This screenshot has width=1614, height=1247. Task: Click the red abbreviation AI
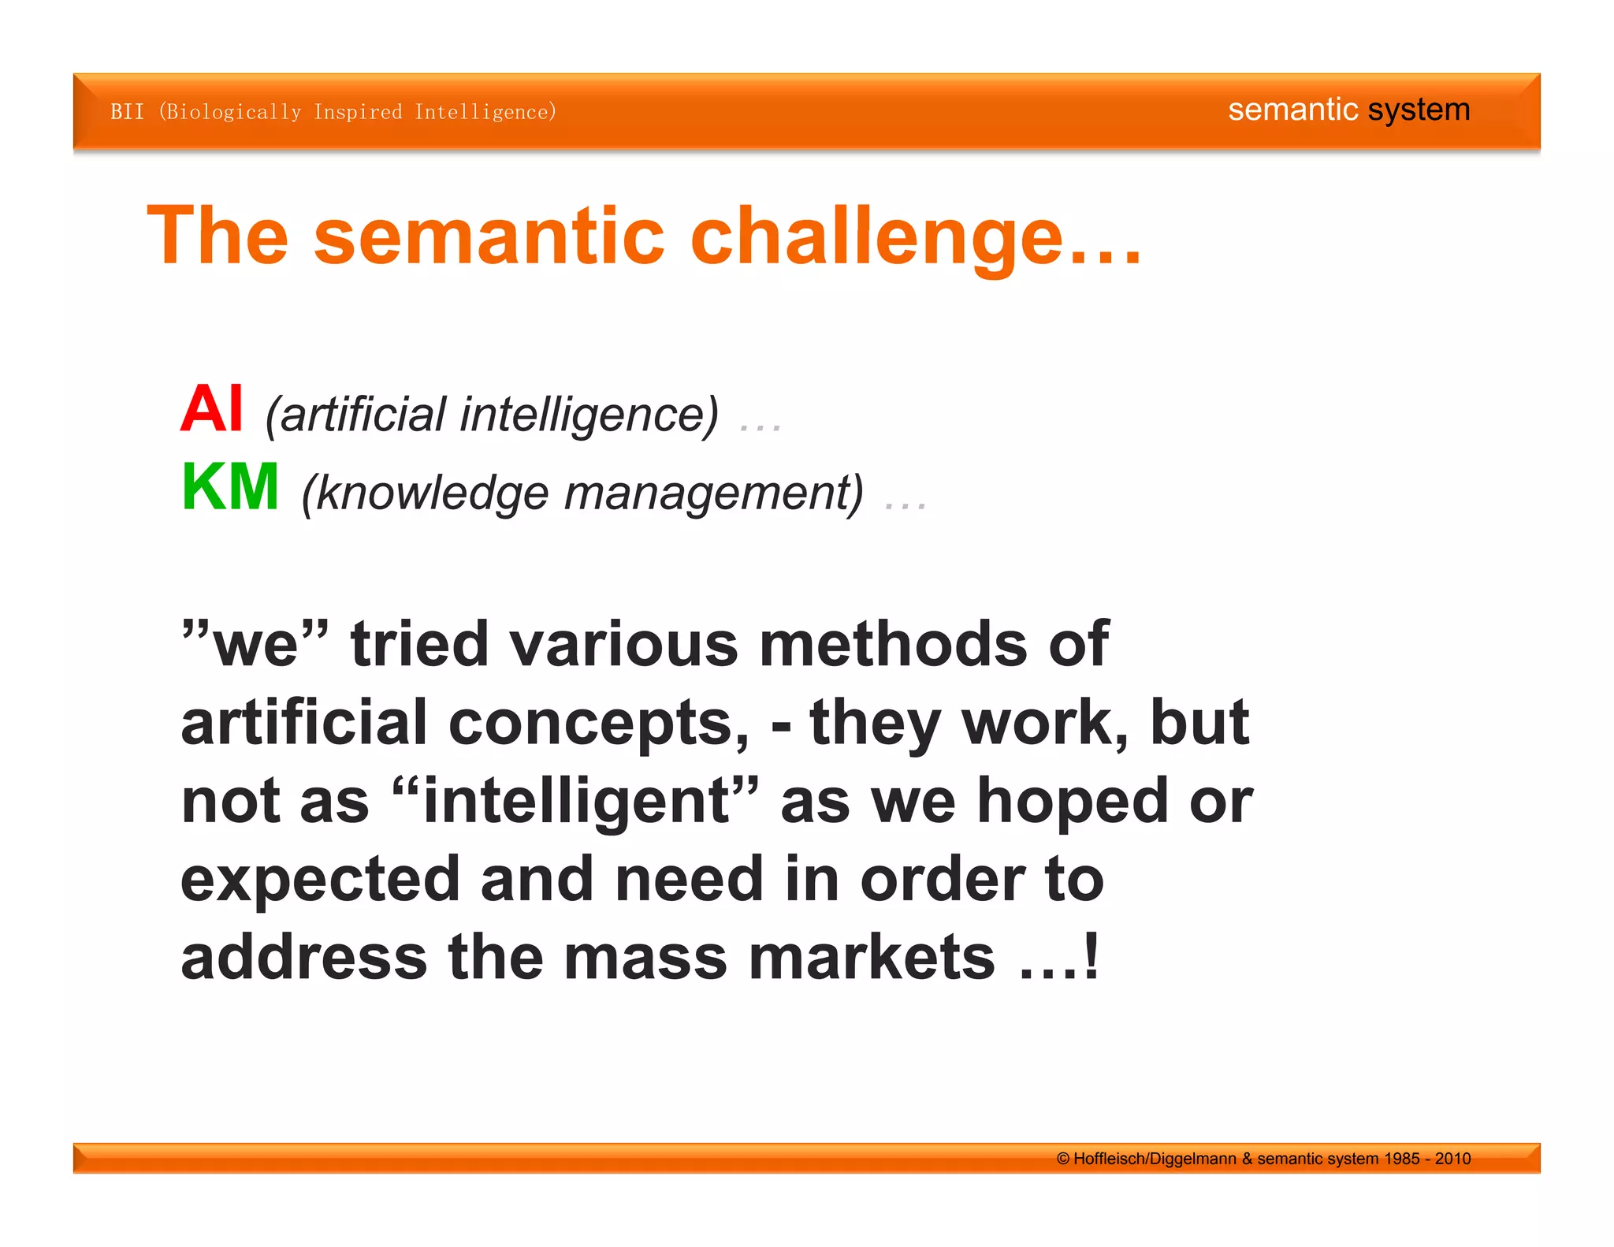(211, 408)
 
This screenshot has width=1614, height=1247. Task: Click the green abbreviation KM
(230, 487)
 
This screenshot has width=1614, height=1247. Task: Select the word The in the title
(218, 236)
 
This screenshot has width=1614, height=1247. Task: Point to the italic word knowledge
(432, 494)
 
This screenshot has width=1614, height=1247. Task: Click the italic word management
(713, 494)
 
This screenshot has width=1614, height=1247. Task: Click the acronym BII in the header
(127, 112)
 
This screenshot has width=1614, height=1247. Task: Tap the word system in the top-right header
(1419, 110)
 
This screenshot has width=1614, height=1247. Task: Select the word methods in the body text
(893, 644)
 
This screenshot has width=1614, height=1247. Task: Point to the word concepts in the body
(599, 723)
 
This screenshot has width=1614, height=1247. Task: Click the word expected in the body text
(320, 880)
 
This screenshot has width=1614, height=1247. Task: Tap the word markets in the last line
(872, 958)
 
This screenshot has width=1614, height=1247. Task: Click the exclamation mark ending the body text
(1091, 956)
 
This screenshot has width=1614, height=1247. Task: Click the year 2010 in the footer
(1452, 1159)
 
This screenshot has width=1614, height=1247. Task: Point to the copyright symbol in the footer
(1063, 1159)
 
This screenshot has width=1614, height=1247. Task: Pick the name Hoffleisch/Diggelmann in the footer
(1155, 1159)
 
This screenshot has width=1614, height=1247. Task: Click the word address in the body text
(304, 958)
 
